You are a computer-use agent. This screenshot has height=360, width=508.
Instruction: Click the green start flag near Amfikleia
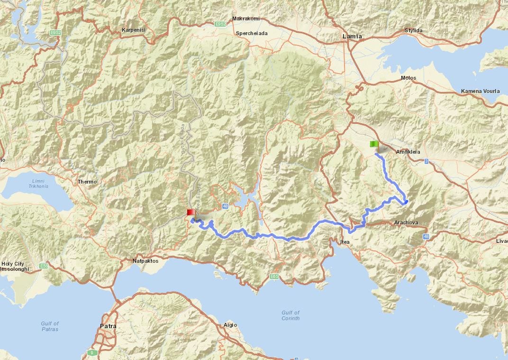pyautogui.click(x=373, y=144)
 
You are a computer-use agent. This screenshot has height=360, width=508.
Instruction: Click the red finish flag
pyautogui.click(x=190, y=212)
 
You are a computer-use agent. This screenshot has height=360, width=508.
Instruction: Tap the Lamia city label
pyautogui.click(x=352, y=37)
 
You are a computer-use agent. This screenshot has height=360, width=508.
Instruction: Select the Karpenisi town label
pyautogui.click(x=133, y=30)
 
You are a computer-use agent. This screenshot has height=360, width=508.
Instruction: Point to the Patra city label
pyautogui.click(x=108, y=326)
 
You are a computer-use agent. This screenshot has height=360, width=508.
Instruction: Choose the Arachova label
pyautogui.click(x=406, y=222)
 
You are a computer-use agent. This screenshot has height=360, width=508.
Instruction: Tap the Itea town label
pyautogui.click(x=345, y=242)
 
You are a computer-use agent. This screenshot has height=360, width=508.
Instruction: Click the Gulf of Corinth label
pyautogui.click(x=290, y=315)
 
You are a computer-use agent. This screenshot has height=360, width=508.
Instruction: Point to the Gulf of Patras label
pyautogui.click(x=50, y=326)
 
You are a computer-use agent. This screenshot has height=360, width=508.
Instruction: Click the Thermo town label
pyautogui.click(x=87, y=182)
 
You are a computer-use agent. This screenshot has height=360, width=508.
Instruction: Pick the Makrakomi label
pyautogui.click(x=245, y=18)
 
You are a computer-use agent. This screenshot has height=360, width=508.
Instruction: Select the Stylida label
pyautogui.click(x=413, y=31)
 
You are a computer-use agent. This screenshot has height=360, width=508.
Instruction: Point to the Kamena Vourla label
pyautogui.click(x=480, y=91)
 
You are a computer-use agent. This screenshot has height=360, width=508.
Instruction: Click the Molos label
pyautogui.click(x=408, y=78)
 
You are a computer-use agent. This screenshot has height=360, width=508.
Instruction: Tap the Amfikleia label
pyautogui.click(x=408, y=152)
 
